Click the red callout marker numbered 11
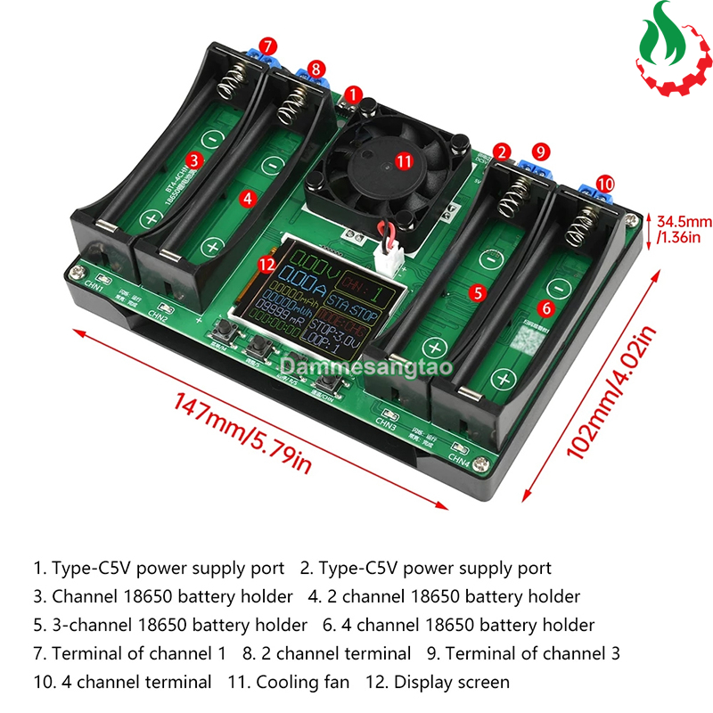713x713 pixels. (405, 161)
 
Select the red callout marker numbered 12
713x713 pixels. (264, 263)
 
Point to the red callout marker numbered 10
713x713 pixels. (605, 183)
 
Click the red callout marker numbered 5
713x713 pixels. (478, 291)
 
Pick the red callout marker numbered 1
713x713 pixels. (354, 93)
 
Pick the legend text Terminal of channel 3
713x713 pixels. (532, 653)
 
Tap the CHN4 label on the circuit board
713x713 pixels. (458, 461)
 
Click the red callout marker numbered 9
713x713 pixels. (539, 152)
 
